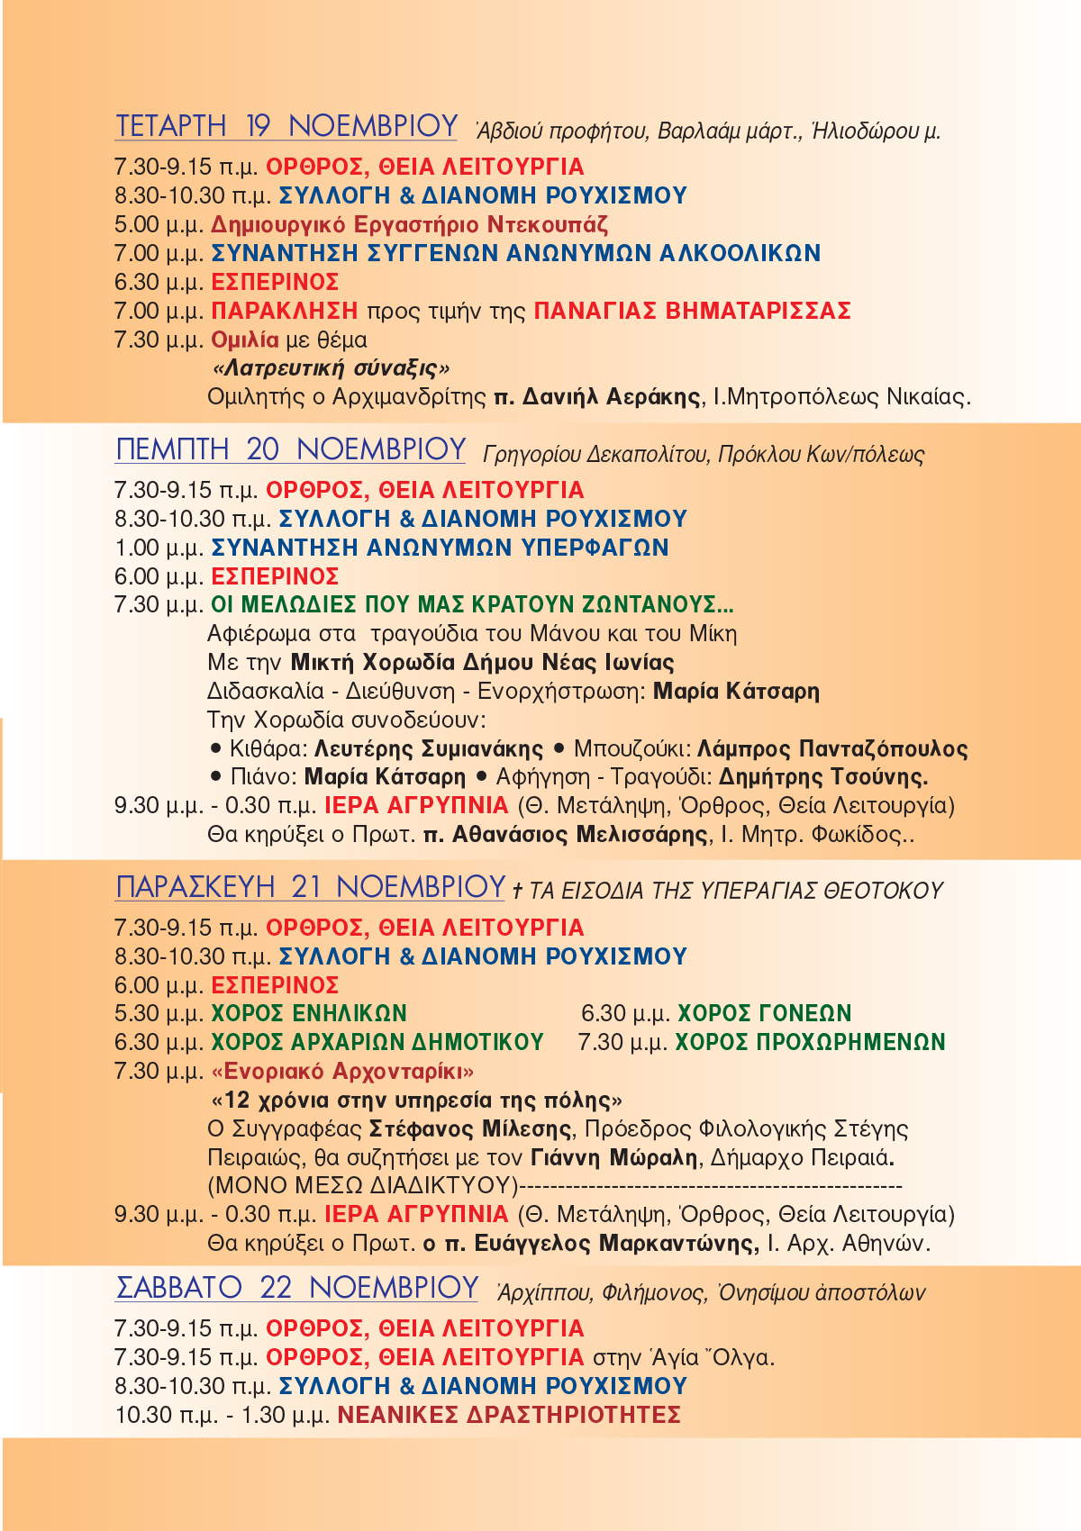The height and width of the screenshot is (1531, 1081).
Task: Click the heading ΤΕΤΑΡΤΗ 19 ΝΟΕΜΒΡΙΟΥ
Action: (x=286, y=126)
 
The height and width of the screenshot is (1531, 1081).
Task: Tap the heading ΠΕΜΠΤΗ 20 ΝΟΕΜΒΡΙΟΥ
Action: (x=290, y=448)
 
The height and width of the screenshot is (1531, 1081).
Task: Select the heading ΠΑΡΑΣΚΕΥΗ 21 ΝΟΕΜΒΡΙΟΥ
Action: (x=310, y=887)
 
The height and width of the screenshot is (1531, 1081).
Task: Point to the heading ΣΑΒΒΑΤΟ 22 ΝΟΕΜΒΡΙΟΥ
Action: (x=296, y=1288)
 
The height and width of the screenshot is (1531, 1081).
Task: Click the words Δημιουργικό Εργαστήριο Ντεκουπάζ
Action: (x=410, y=224)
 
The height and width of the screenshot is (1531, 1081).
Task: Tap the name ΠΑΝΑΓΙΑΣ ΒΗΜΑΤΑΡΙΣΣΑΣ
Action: (x=692, y=311)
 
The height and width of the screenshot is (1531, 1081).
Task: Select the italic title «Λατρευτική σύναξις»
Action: (x=331, y=368)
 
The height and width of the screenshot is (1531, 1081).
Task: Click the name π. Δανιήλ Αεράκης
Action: (x=597, y=396)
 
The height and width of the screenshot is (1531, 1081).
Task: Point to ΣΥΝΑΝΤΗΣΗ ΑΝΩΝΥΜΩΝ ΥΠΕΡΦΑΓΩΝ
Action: (x=440, y=548)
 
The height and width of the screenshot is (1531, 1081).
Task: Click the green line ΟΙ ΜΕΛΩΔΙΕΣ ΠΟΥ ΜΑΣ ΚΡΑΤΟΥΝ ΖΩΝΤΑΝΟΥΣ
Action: (x=472, y=604)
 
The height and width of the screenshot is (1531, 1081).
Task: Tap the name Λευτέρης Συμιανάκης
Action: (x=429, y=748)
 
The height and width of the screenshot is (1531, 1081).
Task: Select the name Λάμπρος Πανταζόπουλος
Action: (x=832, y=748)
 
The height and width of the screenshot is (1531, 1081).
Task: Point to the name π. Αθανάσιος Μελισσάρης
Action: (x=566, y=834)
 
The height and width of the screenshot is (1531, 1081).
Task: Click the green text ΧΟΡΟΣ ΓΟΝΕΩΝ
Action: (x=764, y=1013)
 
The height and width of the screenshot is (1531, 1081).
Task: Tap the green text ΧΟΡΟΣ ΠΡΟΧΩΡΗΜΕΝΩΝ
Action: (x=810, y=1042)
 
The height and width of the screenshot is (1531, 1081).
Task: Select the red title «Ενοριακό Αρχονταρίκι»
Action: (x=342, y=1071)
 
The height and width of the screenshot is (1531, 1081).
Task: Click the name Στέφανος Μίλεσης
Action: (x=470, y=1128)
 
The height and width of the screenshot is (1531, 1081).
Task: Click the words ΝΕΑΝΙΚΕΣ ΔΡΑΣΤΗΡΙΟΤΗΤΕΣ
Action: (x=509, y=1415)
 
